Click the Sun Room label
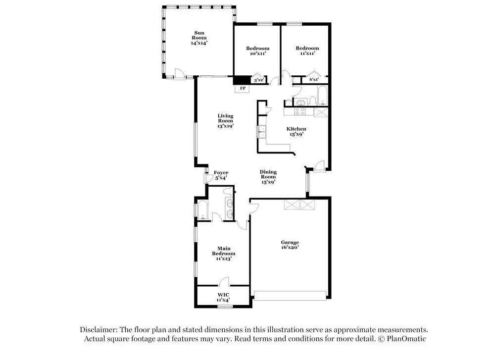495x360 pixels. pos(199,38)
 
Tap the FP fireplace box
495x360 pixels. pos(242,89)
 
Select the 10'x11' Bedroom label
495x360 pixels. pos(257,51)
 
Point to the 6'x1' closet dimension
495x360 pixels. pos(314,79)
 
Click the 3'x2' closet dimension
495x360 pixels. pos(258,80)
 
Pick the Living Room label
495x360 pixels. pos(225,121)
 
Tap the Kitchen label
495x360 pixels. pos(297,131)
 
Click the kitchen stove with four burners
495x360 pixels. pos(299,111)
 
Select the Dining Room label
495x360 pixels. pos(268,177)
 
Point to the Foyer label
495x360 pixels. pos(221,175)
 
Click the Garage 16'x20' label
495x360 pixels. pos(290,245)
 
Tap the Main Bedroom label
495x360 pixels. pos(224,253)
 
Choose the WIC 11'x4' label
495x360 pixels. pos(223,298)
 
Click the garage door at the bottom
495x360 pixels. pos(290,296)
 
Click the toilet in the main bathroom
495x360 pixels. pos(227,191)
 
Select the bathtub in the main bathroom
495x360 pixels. pos(202,210)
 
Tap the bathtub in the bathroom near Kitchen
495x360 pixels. pos(323,96)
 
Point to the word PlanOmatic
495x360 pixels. pos(406,339)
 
